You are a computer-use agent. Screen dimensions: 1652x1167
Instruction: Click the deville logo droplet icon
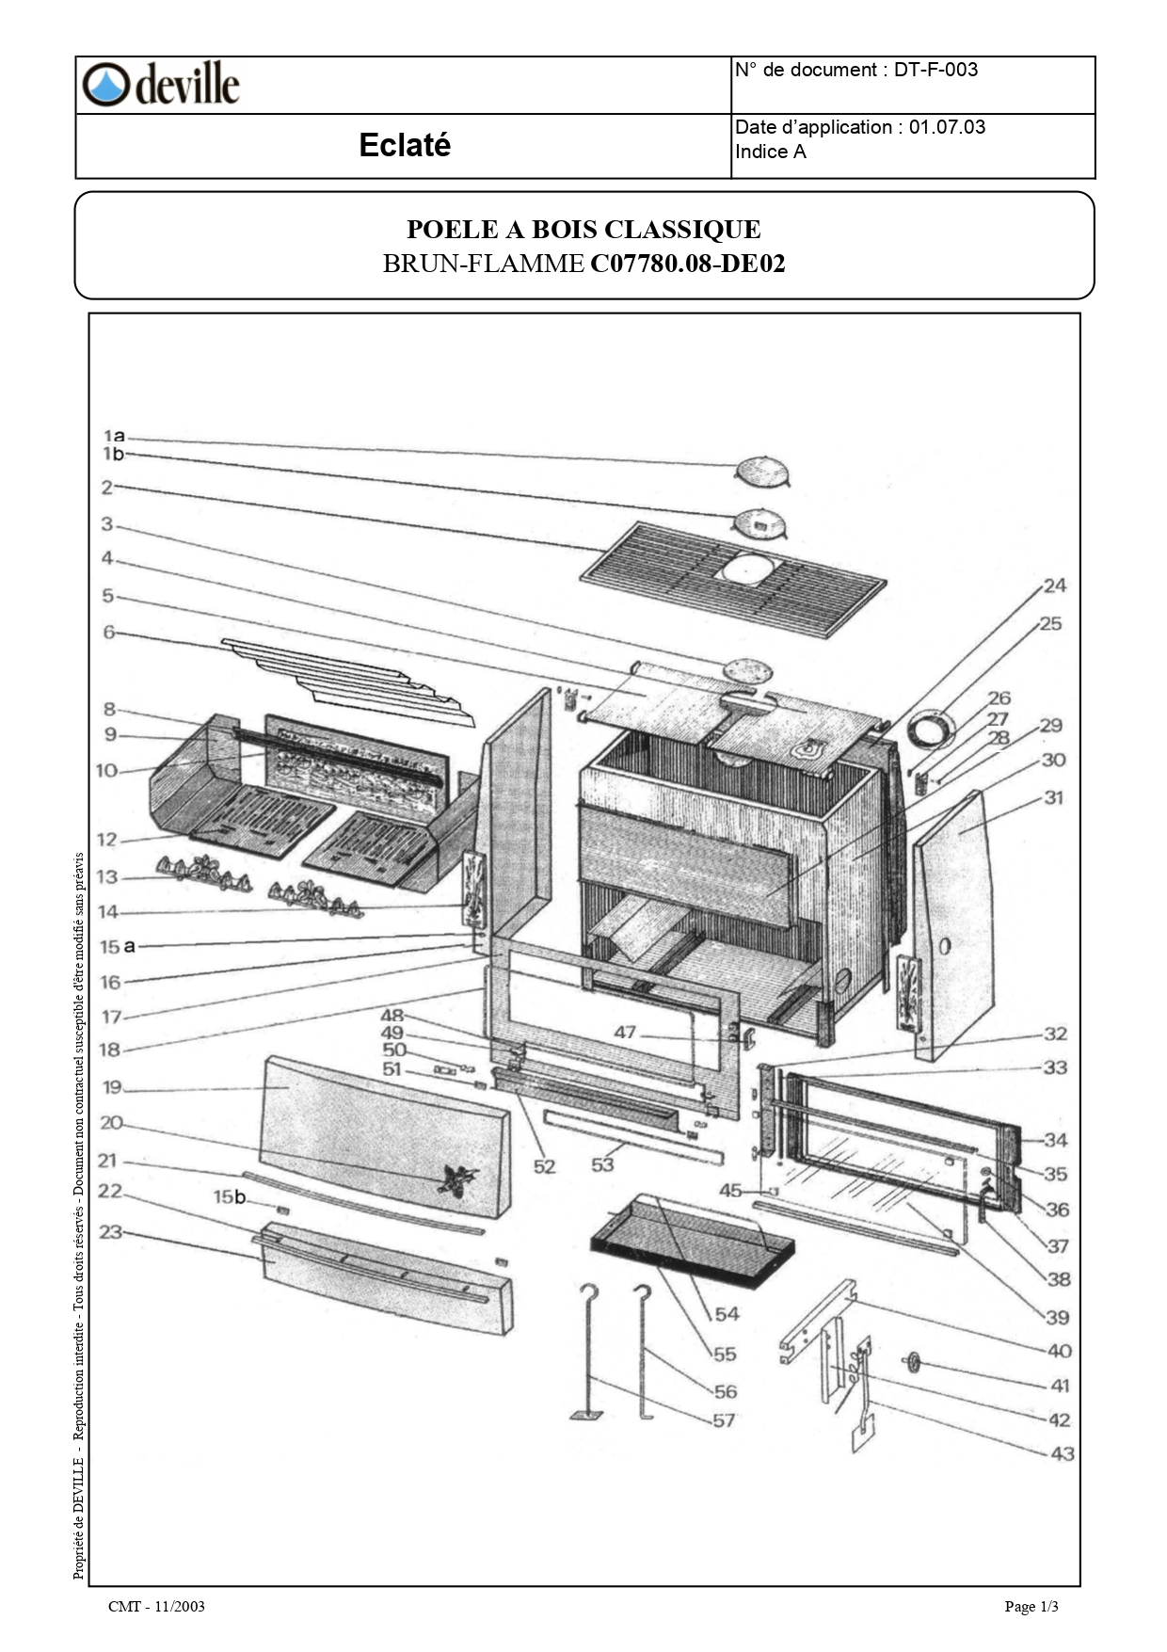coord(104,85)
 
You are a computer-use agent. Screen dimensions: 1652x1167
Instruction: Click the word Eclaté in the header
coord(405,145)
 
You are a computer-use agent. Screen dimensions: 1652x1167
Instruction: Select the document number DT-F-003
coord(935,70)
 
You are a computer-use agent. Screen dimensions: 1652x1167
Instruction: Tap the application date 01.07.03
coord(947,127)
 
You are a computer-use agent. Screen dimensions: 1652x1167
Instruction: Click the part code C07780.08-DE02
coord(687,264)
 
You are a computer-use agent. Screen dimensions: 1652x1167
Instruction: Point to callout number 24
coord(1054,585)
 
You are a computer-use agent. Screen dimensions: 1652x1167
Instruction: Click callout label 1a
coord(114,436)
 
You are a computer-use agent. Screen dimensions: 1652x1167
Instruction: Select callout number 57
coord(723,1420)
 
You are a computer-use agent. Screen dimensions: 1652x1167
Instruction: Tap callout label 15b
coord(229,1196)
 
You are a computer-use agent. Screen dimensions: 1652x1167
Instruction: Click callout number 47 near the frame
coord(625,1033)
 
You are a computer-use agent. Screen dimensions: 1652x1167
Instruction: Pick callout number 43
coord(1062,1453)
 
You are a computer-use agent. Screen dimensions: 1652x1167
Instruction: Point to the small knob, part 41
coord(912,1362)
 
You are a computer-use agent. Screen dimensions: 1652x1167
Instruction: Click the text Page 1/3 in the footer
coord(1031,1606)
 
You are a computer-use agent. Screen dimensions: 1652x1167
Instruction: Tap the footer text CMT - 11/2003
coord(156,1606)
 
